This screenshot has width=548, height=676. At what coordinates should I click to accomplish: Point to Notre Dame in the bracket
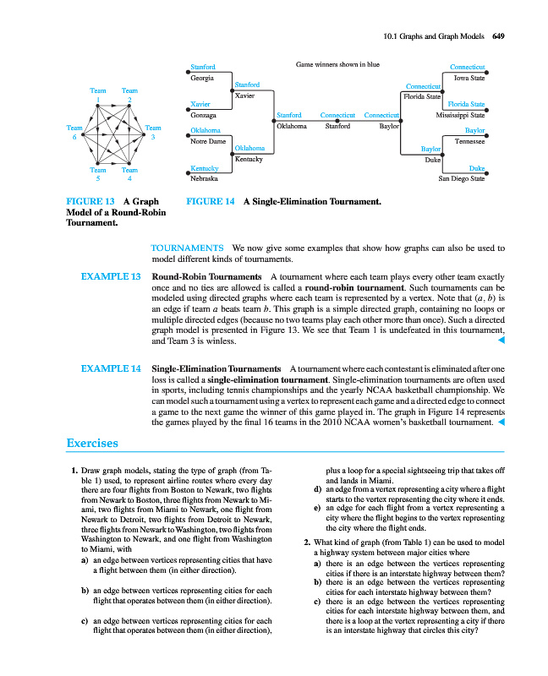207,141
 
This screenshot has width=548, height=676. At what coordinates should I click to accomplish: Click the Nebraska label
203,179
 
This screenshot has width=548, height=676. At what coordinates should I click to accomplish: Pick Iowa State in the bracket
469,77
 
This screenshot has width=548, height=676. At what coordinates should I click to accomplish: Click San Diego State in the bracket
462,179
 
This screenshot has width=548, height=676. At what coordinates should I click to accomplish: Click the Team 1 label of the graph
99,95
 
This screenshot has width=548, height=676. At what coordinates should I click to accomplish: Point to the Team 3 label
153,133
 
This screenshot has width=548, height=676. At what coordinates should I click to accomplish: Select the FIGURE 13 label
90,202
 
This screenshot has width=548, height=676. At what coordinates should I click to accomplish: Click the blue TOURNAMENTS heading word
186,248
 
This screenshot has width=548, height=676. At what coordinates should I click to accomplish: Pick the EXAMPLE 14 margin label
110,369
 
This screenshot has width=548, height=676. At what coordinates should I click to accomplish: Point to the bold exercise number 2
304,542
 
